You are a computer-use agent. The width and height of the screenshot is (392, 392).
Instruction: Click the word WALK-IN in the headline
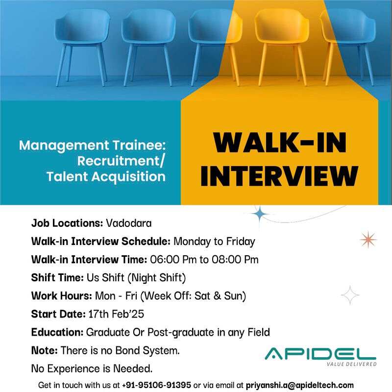[x=280, y=143]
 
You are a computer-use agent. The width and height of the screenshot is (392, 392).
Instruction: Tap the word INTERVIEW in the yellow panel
[x=279, y=176]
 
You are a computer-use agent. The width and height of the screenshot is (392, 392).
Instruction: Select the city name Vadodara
[x=129, y=223]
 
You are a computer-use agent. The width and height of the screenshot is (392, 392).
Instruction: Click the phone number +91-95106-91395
[x=156, y=385]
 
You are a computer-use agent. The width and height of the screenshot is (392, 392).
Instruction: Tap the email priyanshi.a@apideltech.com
[x=300, y=385]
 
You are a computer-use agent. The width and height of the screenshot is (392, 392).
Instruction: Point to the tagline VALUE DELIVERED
[x=351, y=364]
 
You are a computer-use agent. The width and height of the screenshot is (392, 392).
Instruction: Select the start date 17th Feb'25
[x=116, y=314]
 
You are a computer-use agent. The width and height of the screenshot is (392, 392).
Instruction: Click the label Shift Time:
[x=57, y=278]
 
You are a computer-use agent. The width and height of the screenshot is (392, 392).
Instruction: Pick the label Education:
[x=57, y=333]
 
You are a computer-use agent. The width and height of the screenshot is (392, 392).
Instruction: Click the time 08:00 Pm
[x=235, y=260]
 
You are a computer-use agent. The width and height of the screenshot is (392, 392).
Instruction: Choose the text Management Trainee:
[x=93, y=145]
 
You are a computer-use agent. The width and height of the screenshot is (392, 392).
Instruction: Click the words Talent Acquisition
[x=106, y=177]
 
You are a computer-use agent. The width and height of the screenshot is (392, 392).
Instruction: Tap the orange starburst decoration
[x=368, y=240]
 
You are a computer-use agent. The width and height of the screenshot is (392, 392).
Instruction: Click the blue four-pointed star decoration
[x=260, y=214]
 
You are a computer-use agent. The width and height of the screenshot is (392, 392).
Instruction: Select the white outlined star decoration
[x=350, y=295]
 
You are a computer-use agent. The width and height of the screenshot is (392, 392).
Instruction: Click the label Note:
[x=45, y=350]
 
